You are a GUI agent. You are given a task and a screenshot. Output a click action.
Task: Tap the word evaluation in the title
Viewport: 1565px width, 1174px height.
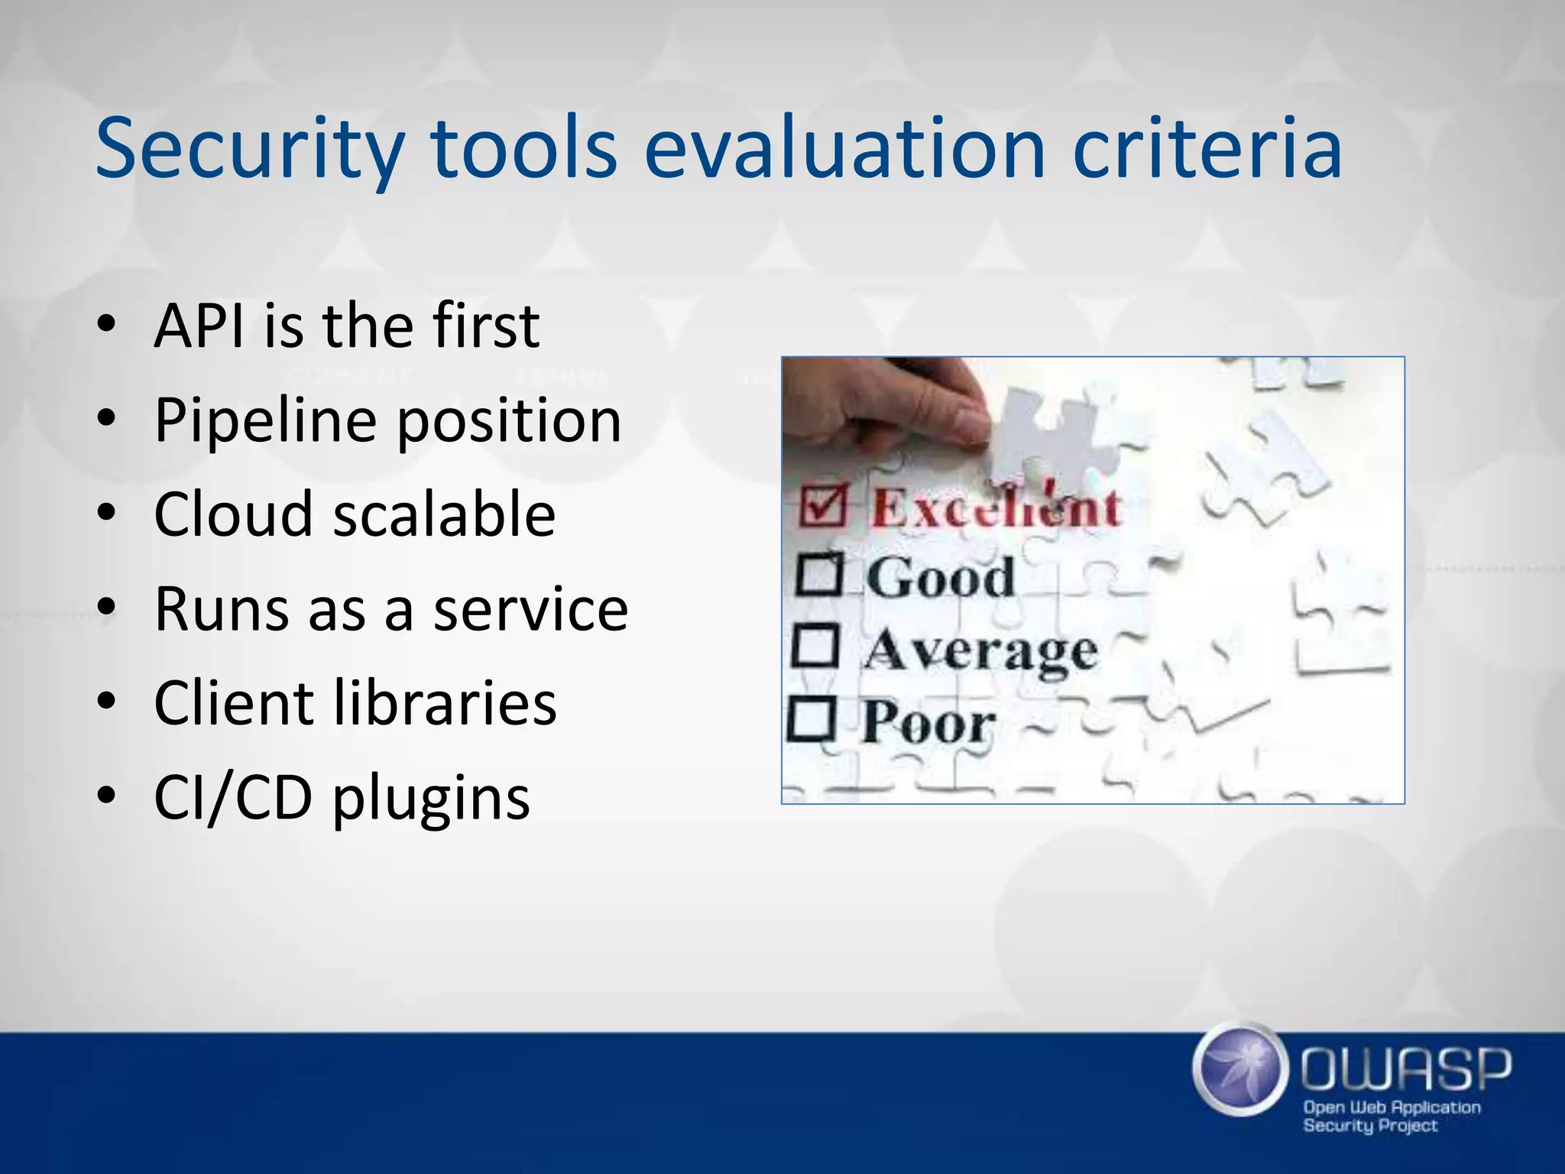click(x=844, y=148)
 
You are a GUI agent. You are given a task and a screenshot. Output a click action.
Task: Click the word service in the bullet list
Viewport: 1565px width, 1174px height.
click(x=530, y=610)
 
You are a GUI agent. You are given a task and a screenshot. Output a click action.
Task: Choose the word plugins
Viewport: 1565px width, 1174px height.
click(x=431, y=799)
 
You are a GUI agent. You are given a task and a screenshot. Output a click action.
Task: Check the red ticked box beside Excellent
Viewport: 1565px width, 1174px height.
click(x=823, y=505)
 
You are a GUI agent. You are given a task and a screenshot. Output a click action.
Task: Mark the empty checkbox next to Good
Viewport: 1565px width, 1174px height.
click(x=819, y=575)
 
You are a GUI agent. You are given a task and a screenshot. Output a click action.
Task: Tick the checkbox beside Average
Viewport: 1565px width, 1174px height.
click(x=815, y=646)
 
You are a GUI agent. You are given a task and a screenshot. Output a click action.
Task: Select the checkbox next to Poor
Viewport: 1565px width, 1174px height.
click(x=811, y=718)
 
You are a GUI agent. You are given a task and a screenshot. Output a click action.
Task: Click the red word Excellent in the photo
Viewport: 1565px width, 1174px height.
click(x=996, y=507)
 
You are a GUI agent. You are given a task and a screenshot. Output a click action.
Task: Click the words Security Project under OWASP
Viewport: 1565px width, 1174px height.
click(x=1370, y=1126)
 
